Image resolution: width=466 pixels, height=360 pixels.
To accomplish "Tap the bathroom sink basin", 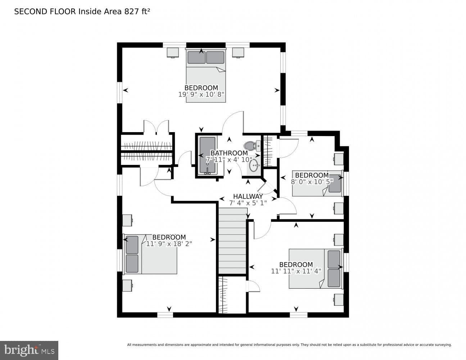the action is click(254, 165).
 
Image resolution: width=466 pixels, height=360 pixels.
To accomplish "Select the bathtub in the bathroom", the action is click(207, 155).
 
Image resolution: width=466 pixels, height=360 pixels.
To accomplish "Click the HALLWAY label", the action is click(248, 196).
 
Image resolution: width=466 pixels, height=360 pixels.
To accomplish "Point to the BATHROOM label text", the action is click(229, 153).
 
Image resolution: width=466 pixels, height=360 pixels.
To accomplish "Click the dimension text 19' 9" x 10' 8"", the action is click(201, 94).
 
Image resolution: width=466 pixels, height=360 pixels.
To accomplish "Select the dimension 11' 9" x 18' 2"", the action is click(169, 244).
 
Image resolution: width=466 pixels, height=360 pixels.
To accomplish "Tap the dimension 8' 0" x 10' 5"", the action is click(312, 182).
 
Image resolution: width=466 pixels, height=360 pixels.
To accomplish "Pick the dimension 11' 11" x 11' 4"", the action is click(296, 271).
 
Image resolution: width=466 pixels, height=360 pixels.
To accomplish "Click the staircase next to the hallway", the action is click(232, 241).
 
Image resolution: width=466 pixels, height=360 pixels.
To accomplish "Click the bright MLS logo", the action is click(29, 350).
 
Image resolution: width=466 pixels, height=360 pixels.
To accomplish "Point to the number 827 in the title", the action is click(131, 12).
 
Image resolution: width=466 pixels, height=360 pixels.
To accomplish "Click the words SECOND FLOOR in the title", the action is click(45, 12).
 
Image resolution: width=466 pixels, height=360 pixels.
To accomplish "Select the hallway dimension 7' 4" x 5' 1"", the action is click(248, 203).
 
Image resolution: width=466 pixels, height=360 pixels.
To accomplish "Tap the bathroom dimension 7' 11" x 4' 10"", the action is click(229, 160).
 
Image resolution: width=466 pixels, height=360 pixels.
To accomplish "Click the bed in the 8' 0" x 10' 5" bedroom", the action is click(317, 184).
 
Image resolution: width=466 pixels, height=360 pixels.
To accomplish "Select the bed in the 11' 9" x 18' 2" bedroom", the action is click(150, 254).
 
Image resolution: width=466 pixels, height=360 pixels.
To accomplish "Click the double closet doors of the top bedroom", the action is click(156, 127).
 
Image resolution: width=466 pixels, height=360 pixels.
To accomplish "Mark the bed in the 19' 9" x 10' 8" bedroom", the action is click(206, 76).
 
